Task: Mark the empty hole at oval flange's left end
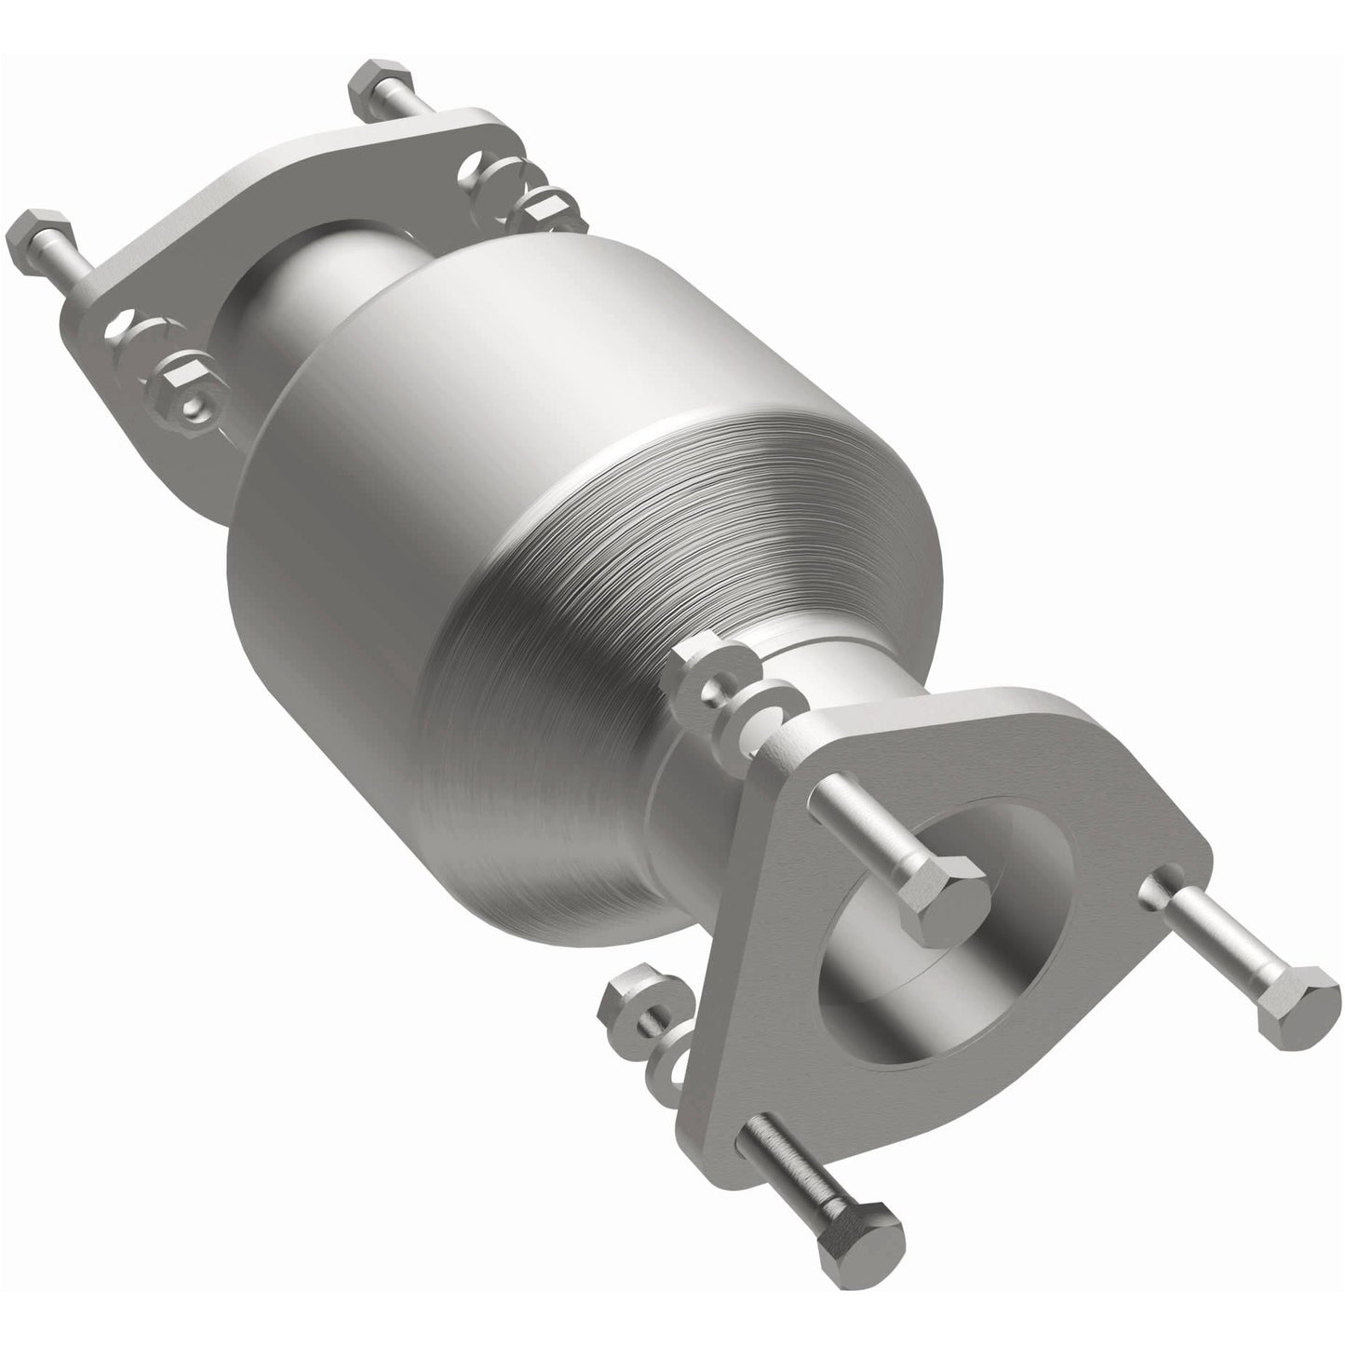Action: coord(119,328)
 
